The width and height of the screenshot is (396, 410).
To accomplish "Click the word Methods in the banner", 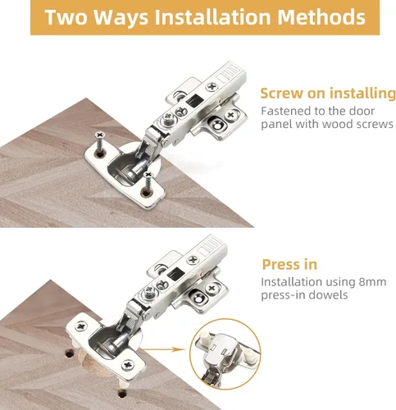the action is (x=321, y=17).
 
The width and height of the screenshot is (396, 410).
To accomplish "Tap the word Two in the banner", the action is (x=66, y=17).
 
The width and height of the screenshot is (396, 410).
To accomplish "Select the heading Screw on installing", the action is (x=328, y=93).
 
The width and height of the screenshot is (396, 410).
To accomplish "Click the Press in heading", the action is (x=289, y=264).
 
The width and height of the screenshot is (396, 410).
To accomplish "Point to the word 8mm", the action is (x=372, y=282).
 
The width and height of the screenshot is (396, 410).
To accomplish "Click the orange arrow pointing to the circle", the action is (x=162, y=349).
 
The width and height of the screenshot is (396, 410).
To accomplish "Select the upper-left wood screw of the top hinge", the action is (x=100, y=143).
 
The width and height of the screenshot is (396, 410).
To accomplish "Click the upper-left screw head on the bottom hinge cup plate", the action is (x=81, y=326).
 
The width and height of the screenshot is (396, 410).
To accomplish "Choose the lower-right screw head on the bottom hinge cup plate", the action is (x=128, y=365).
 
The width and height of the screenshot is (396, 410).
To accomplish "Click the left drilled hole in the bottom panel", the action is (x=70, y=354).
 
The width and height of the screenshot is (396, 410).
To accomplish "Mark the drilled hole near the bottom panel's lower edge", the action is (x=122, y=394).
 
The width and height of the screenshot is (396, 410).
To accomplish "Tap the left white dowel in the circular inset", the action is (x=205, y=337).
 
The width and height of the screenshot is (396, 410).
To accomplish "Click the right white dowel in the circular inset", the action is (x=252, y=358).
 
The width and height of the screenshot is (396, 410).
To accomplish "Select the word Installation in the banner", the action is (x=213, y=17).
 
